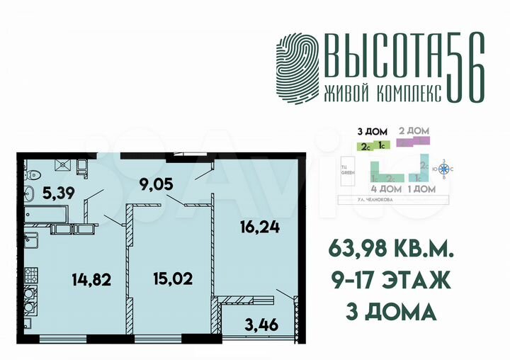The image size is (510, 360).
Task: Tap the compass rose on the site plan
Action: [x=445, y=169]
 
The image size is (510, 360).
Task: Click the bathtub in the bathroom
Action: [x=42, y=212]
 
